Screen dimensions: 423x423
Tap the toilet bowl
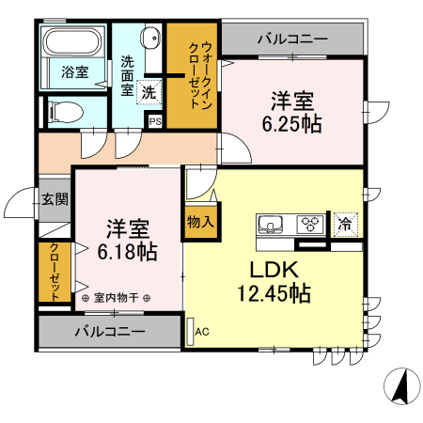[66, 112]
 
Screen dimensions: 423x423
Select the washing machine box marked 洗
[148, 92]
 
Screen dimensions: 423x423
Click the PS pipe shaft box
[155, 120]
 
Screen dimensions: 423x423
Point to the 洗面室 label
[127, 75]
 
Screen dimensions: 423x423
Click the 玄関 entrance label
[54, 198]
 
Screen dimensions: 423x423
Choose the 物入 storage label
[199, 223]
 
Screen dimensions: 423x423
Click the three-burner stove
[309, 224]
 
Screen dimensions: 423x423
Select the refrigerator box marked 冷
[345, 224]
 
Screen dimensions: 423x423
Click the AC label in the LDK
[201, 330]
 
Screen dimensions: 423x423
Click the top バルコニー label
[292, 39]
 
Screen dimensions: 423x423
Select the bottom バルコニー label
[110, 332]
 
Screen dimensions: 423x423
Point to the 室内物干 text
[117, 298]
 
